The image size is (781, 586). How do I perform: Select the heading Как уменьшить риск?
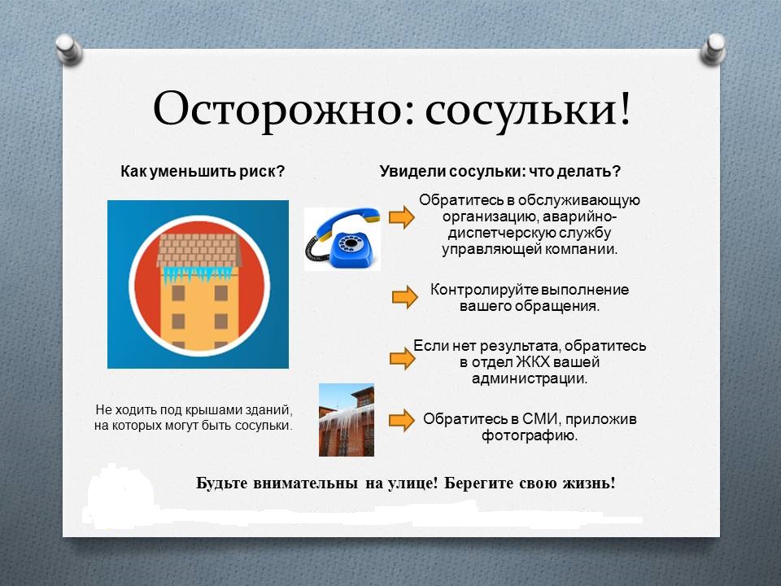click(203, 172)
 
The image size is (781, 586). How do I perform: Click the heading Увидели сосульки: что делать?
click(500, 172)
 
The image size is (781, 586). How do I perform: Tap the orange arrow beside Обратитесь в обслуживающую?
click(401, 217)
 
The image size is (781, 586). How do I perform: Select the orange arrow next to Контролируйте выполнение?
click(404, 298)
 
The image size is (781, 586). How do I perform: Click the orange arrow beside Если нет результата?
click(402, 358)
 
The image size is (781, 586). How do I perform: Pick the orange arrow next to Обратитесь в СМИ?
click(401, 421)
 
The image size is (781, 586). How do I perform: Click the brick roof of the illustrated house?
click(199, 251)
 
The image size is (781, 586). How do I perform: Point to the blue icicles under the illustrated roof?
click(198, 274)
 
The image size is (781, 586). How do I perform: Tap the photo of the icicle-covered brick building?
click(347, 420)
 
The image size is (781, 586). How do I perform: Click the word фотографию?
click(530, 436)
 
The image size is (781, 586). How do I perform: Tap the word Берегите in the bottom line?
click(478, 483)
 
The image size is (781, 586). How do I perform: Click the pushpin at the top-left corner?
click(68, 49)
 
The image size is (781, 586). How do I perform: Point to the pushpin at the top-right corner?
click(713, 49)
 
